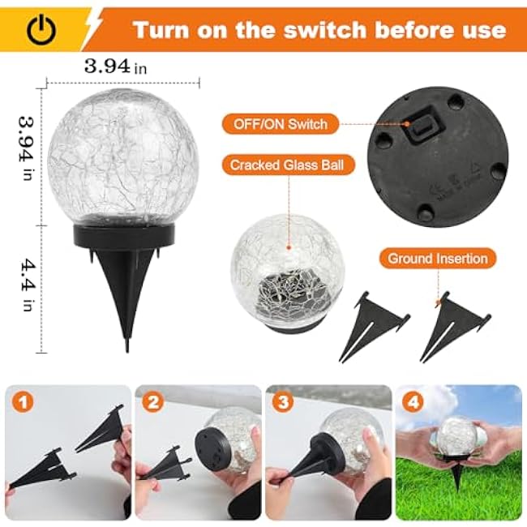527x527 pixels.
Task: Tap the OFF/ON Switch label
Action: coord(281,124)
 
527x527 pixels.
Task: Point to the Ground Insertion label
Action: coord(437,259)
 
